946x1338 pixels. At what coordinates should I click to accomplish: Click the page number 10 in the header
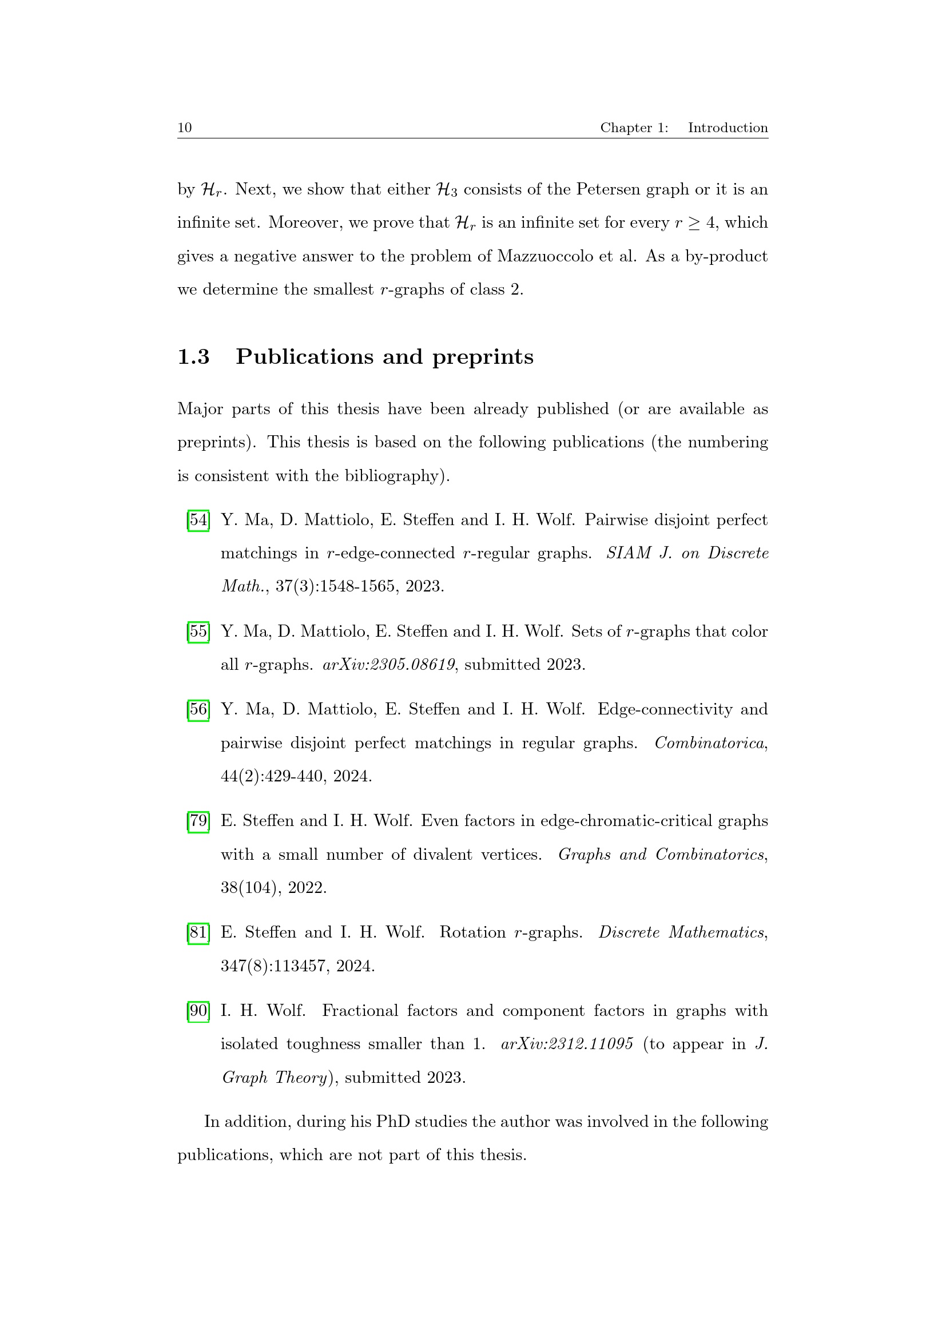[185, 128]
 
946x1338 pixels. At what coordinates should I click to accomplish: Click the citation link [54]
[198, 520]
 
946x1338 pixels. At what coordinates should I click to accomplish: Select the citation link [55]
[198, 632]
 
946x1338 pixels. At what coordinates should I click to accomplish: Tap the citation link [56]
[198, 709]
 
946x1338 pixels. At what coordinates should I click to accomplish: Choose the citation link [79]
[198, 821]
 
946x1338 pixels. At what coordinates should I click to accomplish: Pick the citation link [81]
[198, 932]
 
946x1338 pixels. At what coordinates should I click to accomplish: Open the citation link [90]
[198, 1010]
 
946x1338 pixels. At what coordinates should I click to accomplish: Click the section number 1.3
[193, 356]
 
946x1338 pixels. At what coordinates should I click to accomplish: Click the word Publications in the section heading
[305, 356]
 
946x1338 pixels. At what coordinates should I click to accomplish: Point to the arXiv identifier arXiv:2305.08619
[388, 665]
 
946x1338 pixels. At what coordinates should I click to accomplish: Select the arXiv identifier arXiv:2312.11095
[567, 1044]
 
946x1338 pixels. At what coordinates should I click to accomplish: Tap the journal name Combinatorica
[709, 743]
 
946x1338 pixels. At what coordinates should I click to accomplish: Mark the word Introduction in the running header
[728, 128]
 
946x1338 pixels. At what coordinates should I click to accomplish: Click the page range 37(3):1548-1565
[335, 586]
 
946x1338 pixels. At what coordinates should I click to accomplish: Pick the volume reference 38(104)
[249, 888]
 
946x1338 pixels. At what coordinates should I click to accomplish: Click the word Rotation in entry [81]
[472, 932]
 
